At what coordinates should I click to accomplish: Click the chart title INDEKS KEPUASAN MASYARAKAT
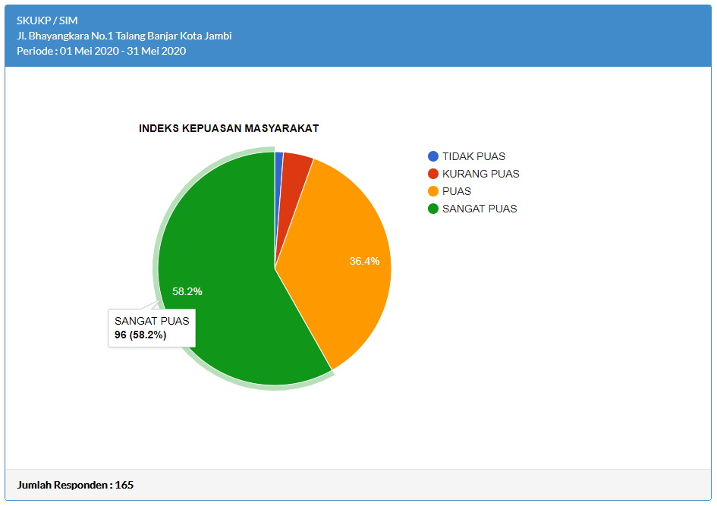coord(228,128)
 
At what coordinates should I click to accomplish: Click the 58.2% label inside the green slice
coord(187,291)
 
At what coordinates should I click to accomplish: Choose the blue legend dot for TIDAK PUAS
coord(433,156)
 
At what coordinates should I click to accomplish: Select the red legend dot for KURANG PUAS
coord(433,174)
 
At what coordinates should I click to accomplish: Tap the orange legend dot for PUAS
coord(433,191)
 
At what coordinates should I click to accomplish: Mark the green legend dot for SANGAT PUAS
coord(433,209)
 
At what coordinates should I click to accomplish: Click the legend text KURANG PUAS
coord(480,174)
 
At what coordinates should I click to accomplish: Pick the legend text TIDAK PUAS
coord(473,156)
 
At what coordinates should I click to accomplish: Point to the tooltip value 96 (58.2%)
coord(140,335)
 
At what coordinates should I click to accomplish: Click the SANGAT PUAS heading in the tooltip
coord(152,320)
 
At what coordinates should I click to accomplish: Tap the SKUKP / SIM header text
coord(47,20)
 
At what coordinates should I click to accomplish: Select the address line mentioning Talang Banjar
coord(124,36)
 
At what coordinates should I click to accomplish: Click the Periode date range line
coord(101,51)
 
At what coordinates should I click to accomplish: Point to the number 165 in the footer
coord(124,484)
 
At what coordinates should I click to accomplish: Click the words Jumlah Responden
coord(63,484)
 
